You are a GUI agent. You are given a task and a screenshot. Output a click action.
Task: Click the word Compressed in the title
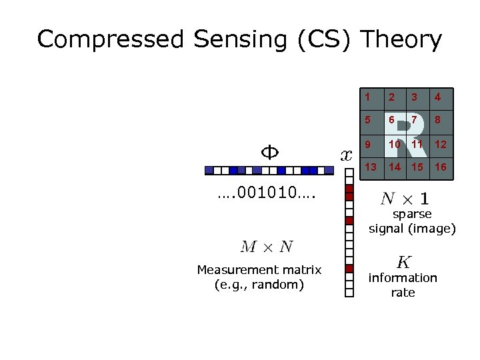(110, 40)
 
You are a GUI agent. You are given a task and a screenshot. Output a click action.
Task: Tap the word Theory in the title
(401, 40)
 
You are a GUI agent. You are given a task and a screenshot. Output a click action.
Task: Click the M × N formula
(267, 247)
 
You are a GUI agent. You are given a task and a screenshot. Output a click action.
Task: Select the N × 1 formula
(405, 198)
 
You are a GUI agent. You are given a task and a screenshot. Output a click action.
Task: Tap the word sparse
(412, 214)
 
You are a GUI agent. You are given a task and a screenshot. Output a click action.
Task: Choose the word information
(403, 278)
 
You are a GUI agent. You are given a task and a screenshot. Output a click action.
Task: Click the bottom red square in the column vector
(349, 269)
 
